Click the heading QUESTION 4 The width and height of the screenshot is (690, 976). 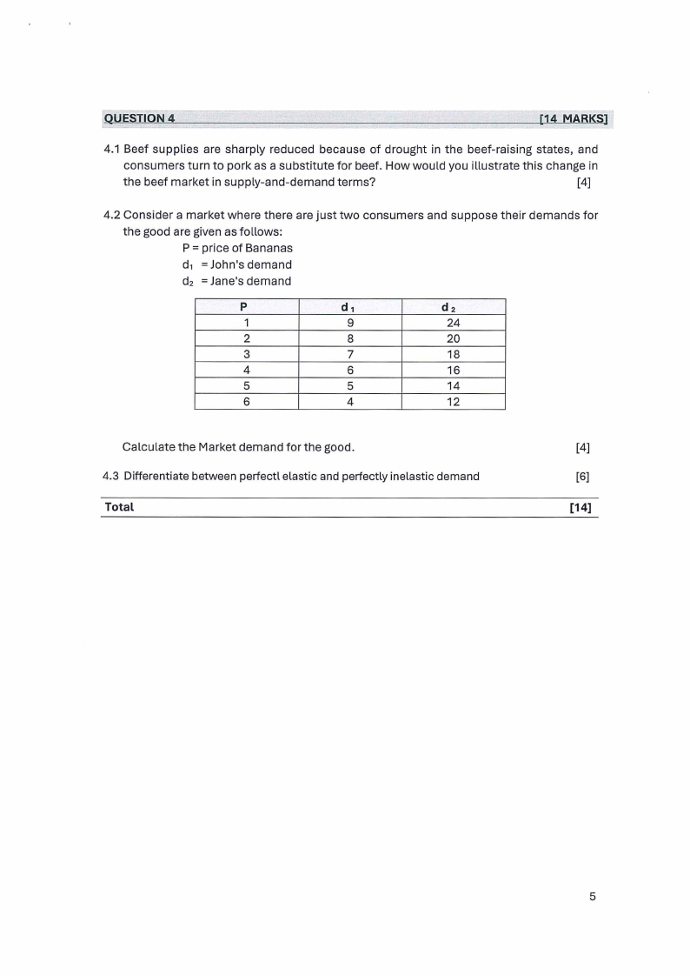tap(139, 118)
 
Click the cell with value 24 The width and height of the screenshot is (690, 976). tap(453, 323)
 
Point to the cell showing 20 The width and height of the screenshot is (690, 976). tap(453, 338)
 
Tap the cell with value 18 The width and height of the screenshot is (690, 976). tap(453, 354)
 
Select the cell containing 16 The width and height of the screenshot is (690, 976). tap(453, 370)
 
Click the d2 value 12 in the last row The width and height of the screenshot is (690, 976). tap(453, 402)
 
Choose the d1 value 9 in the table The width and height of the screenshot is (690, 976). tap(349, 323)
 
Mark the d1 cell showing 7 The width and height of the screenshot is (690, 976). tap(349, 354)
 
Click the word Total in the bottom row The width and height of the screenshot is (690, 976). tap(119, 506)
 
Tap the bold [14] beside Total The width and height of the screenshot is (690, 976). tap(580, 507)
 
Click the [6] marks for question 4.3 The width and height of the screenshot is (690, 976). tap(582, 476)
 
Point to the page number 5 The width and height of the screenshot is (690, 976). tap(592, 898)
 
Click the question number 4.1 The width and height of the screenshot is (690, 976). tap(112, 149)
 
